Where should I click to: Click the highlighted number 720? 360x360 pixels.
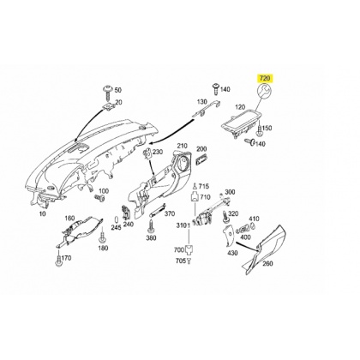tap(266, 78)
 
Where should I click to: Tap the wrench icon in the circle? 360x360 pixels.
tap(266, 92)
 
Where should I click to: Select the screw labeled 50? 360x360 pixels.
tap(109, 91)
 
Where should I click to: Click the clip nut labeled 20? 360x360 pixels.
tap(109, 106)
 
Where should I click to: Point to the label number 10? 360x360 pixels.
tap(42, 213)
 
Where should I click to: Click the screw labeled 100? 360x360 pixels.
tap(99, 198)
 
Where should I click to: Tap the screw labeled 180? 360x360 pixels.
tap(103, 238)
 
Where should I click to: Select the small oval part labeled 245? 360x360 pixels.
tap(117, 219)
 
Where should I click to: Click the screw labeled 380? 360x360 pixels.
tap(151, 227)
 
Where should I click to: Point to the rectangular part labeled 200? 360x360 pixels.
tap(201, 159)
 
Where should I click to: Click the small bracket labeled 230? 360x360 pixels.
tap(148, 153)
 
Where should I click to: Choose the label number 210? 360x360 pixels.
tap(182, 146)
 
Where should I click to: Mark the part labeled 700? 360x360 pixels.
tap(189, 249)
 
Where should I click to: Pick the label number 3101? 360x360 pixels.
tap(183, 225)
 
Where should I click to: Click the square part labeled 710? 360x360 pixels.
tap(195, 197)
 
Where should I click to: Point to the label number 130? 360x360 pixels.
tap(202, 102)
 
